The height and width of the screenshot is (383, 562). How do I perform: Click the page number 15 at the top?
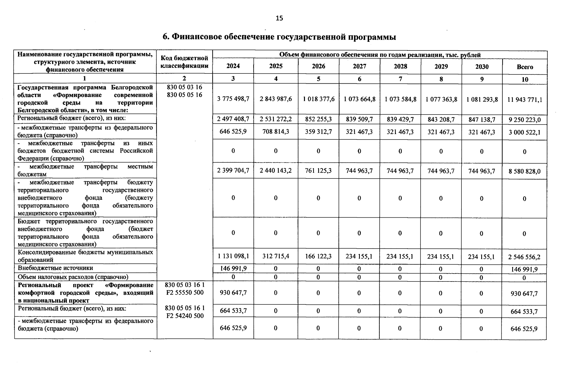click(279, 18)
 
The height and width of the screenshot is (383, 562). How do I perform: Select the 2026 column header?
click(318, 66)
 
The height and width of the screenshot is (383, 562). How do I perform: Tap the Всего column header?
click(525, 67)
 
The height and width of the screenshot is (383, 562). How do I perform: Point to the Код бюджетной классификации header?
click(185, 62)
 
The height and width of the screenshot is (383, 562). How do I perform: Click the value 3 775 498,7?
click(233, 99)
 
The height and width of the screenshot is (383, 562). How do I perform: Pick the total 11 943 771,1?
click(525, 100)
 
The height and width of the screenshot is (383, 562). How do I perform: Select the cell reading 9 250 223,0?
click(525, 120)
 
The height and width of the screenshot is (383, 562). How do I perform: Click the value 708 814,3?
click(276, 131)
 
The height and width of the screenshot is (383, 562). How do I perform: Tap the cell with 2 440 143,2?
click(276, 171)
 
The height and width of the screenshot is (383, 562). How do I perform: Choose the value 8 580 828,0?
click(525, 171)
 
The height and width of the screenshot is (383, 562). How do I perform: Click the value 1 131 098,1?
click(233, 256)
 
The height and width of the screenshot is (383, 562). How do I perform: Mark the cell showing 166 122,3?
click(318, 256)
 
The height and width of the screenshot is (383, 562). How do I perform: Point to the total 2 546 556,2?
click(525, 257)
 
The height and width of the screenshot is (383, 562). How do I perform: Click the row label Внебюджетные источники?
click(56, 268)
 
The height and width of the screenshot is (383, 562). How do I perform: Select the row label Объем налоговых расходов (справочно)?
click(73, 277)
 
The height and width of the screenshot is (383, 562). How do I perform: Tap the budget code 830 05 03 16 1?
click(185, 285)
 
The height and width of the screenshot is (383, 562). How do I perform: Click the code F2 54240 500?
click(185, 316)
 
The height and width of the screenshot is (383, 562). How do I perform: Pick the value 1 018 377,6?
click(318, 99)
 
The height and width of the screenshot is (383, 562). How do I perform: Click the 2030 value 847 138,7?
click(482, 119)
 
